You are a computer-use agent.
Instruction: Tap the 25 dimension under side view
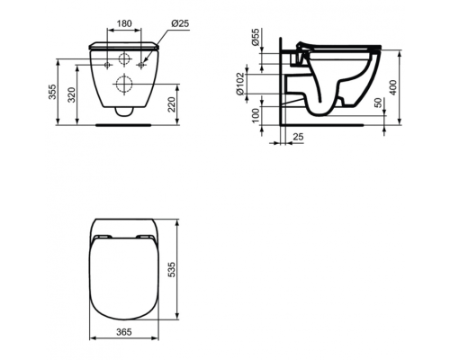[x=299, y=135]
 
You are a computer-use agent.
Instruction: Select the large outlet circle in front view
[x=123, y=85]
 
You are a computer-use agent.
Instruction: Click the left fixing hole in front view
[x=107, y=66]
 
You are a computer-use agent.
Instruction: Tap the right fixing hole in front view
[x=139, y=66]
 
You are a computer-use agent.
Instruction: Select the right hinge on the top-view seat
[x=146, y=238]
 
